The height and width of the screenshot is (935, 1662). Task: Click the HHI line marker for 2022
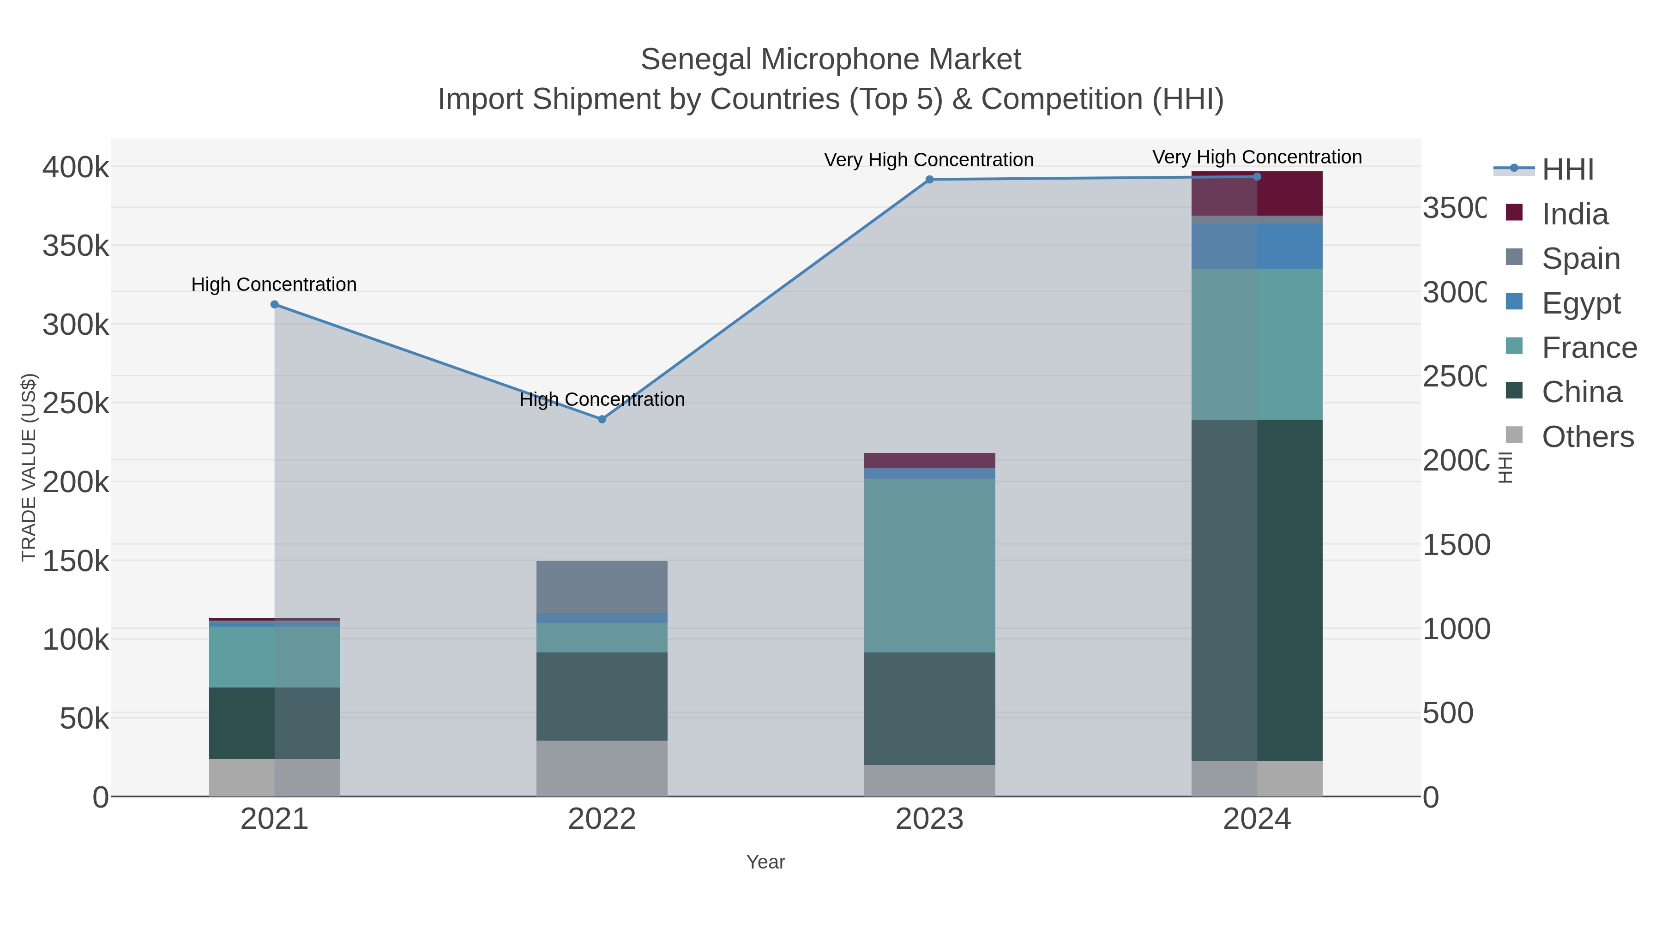click(602, 419)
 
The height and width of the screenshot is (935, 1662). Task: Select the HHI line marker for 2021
click(274, 305)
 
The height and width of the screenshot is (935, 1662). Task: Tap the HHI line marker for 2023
click(929, 180)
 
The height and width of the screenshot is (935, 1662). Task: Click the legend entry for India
click(1574, 214)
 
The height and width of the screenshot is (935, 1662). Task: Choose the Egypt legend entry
click(1581, 303)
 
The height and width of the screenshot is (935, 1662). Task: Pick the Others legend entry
click(1587, 437)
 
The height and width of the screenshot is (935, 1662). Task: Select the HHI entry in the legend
click(1568, 170)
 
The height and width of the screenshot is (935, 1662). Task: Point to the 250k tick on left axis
click(76, 404)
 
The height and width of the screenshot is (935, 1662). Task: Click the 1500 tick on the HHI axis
click(1456, 545)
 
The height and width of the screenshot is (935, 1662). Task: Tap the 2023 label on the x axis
click(929, 820)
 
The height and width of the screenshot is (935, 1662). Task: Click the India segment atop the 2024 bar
click(1257, 193)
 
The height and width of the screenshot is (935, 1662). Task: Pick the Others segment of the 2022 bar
click(602, 768)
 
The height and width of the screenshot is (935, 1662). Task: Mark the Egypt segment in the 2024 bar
click(1257, 246)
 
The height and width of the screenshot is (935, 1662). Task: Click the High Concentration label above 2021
click(274, 284)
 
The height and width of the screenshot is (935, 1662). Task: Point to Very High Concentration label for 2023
click(928, 160)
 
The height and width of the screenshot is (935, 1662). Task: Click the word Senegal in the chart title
click(696, 60)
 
